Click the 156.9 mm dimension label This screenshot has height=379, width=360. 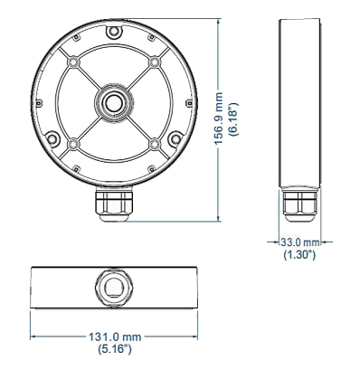pyautogui.click(x=219, y=118)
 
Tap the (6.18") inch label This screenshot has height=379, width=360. pyautogui.click(x=233, y=118)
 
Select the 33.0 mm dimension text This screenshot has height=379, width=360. pyautogui.click(x=300, y=242)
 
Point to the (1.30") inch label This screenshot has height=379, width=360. pyautogui.click(x=299, y=255)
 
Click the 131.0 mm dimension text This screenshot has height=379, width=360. pyautogui.click(x=115, y=336)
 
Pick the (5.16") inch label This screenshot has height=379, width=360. pyautogui.click(x=115, y=349)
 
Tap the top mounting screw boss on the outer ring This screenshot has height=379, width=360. pyautogui.click(x=113, y=31)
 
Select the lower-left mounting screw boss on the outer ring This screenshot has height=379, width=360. pyautogui.click(x=52, y=138)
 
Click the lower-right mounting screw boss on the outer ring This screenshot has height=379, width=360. pyautogui.click(x=175, y=137)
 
